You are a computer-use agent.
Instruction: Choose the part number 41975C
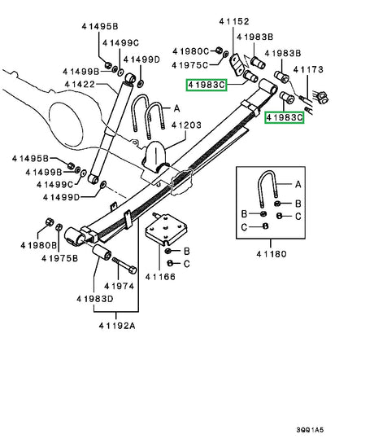(200, 64)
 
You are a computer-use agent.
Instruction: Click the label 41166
(161, 277)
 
